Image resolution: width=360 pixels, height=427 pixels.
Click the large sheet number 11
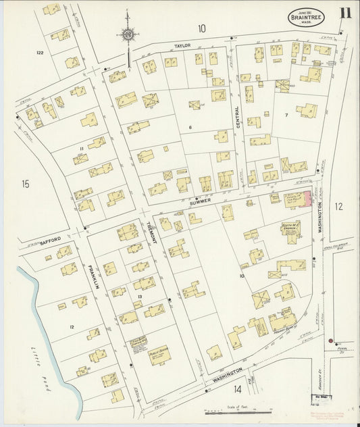pyautogui.click(x=345, y=14)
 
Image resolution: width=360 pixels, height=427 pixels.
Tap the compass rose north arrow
pyautogui.click(x=128, y=34)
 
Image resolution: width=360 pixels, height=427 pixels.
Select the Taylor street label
pyautogui.click(x=183, y=45)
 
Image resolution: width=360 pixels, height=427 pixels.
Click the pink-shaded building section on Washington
pyautogui.click(x=308, y=198)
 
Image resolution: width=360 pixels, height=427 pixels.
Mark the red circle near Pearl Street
pyautogui.click(x=330, y=341)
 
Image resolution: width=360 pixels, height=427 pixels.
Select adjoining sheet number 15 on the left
pyautogui.click(x=25, y=183)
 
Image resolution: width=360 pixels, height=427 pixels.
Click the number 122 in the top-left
pyautogui.click(x=40, y=52)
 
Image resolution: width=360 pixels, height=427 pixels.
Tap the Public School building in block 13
pyautogui.click(x=159, y=354)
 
